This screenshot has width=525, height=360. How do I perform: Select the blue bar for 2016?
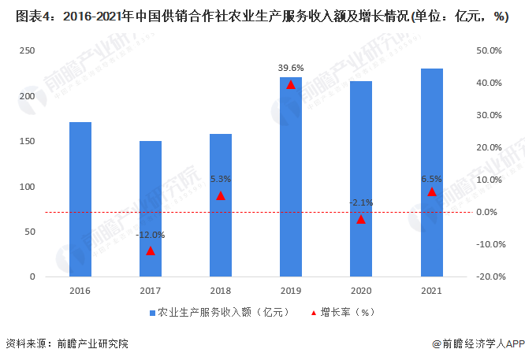(x=80, y=199)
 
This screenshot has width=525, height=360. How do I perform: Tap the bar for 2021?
(x=431, y=173)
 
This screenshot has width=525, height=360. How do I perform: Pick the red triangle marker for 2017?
(x=151, y=251)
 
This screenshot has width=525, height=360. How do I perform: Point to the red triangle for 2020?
(x=361, y=219)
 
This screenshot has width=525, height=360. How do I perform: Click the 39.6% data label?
(x=291, y=68)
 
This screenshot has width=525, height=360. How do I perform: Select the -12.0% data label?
(x=151, y=235)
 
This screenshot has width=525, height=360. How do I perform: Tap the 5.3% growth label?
(x=221, y=179)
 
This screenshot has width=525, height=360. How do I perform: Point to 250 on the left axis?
(x=28, y=50)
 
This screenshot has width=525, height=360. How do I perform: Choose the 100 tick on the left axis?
(x=28, y=187)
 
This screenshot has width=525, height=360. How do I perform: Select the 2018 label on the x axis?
(x=221, y=291)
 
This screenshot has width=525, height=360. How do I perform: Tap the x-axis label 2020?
(x=361, y=291)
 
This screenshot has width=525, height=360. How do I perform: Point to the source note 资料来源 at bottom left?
(x=66, y=343)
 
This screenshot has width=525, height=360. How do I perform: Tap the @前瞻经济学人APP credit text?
(x=478, y=343)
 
